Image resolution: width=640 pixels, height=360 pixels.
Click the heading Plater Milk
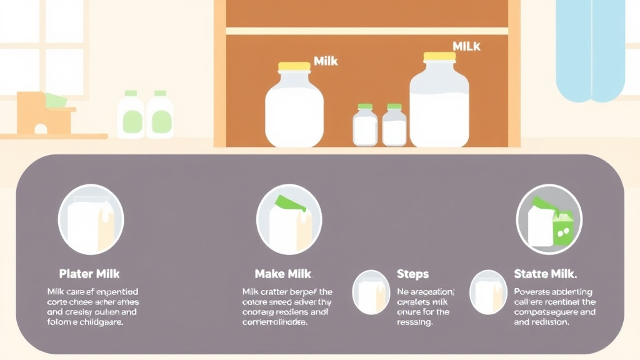89,274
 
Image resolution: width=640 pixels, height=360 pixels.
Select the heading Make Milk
282,274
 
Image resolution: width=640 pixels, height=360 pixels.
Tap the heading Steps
412,274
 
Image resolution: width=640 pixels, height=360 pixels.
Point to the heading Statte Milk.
545,274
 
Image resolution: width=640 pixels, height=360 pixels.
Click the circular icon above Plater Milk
91,219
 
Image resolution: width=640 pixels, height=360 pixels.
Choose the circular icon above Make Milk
289,219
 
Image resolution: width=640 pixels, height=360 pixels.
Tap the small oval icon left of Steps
371,292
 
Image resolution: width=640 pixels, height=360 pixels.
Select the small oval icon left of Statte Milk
488,292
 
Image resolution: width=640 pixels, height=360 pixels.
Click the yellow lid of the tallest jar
439,57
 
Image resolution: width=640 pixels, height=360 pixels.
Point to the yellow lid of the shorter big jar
294,66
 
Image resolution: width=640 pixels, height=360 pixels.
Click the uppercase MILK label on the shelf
467,46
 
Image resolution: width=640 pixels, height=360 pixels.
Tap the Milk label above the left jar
326,61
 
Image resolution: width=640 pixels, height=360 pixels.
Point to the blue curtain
591,50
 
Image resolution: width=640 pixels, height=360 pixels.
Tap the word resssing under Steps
415,322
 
